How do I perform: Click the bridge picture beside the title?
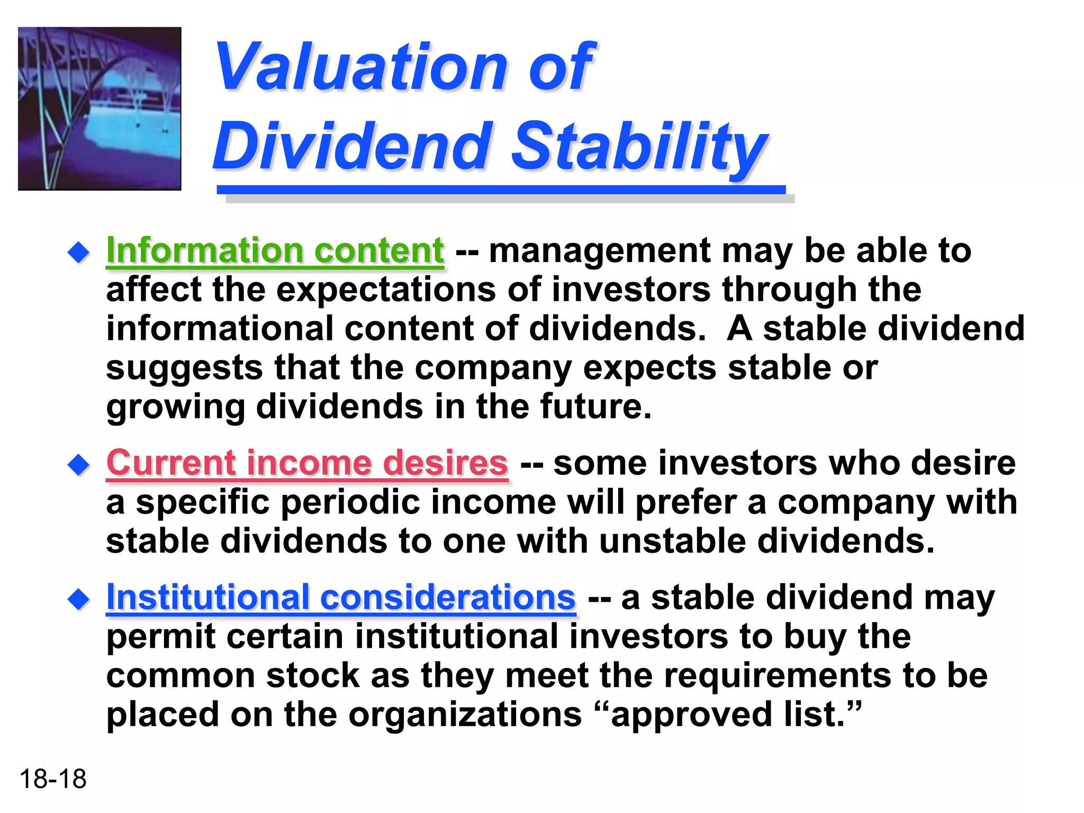tap(100, 109)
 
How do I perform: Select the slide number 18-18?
tap(52, 779)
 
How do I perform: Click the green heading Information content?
tap(275, 250)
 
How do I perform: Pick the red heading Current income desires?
tap(307, 463)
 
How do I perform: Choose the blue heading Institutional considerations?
tap(341, 598)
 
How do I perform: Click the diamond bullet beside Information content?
tap(79, 252)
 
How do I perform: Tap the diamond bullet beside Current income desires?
tap(79, 465)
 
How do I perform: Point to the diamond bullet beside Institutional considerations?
tap(79, 600)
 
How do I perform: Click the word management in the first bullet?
tap(599, 251)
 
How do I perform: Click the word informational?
tap(220, 329)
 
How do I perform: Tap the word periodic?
tap(349, 503)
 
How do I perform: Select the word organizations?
tap(465, 715)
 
